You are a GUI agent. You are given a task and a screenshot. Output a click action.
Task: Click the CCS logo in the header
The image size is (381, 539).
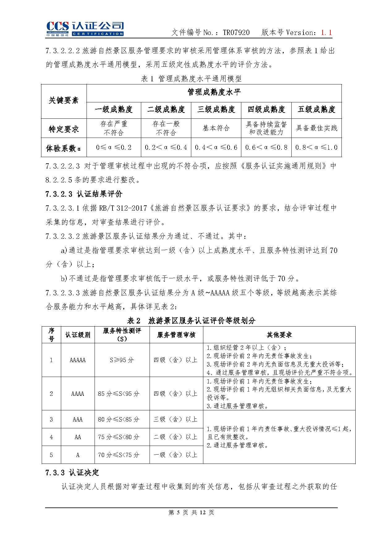click(x=85, y=29)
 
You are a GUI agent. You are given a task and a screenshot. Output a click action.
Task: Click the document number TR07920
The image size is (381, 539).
click(x=236, y=32)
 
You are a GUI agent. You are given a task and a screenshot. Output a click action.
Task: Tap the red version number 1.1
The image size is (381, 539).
click(x=326, y=32)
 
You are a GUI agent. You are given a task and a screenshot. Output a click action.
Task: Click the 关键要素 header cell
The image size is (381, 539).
click(x=64, y=100)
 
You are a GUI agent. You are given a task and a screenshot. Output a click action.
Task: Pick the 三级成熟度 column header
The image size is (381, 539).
click(x=216, y=109)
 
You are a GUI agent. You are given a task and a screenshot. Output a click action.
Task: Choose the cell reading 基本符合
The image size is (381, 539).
click(x=216, y=128)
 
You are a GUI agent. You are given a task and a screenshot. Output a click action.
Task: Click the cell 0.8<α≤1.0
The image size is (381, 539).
click(x=316, y=148)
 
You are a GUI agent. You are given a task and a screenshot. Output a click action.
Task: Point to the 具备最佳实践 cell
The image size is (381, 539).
click(x=316, y=128)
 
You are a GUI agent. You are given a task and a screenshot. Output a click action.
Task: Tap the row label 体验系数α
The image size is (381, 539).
click(x=64, y=148)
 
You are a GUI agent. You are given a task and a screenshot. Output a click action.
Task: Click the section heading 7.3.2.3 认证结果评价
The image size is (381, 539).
click(x=84, y=194)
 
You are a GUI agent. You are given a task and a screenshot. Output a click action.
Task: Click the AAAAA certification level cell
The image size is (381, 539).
click(x=78, y=360)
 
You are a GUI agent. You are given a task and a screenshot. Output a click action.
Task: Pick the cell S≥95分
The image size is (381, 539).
click(x=122, y=360)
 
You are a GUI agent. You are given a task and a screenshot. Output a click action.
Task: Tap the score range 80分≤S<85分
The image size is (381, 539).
click(x=119, y=419)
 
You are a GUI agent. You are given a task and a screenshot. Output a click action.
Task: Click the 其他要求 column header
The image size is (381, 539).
click(x=279, y=335)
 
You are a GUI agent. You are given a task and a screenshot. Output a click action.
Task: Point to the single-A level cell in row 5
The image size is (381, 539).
click(x=78, y=455)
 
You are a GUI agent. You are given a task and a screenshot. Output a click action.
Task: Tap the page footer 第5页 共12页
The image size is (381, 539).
click(x=191, y=512)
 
